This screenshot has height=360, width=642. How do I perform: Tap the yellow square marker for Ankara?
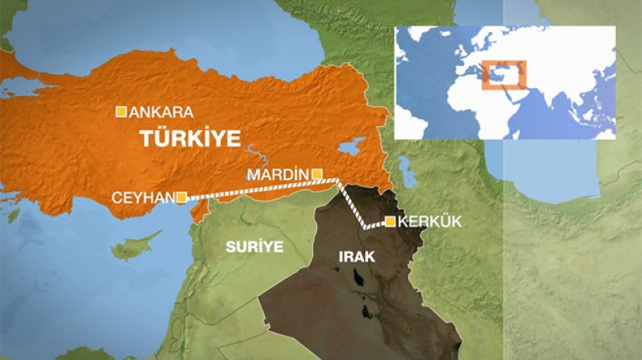(x=121, y=112)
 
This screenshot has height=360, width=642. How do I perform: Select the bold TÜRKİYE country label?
(x=190, y=138)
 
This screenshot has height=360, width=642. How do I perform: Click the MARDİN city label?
(x=278, y=174)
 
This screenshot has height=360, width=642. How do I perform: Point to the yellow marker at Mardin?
(x=317, y=173)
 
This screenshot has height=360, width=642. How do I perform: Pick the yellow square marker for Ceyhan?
(x=182, y=196)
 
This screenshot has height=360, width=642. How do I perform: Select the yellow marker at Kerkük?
(x=391, y=222)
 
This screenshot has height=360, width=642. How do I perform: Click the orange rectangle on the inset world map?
(x=504, y=74)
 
